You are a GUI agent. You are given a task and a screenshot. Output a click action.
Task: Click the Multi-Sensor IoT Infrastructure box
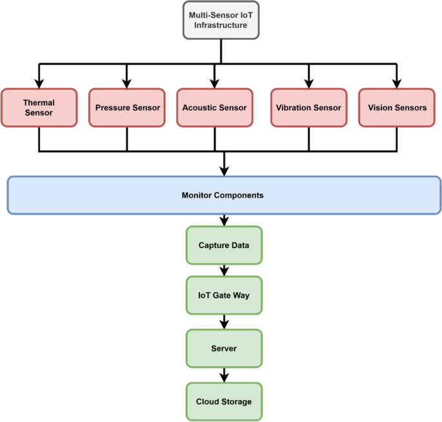(x=221, y=21)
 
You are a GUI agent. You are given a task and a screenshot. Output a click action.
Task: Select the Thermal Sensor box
(x=39, y=108)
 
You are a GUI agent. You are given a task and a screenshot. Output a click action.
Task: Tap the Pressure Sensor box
(x=127, y=108)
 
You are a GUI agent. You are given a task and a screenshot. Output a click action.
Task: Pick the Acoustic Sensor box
(x=214, y=108)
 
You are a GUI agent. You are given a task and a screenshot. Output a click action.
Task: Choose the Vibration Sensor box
(x=308, y=108)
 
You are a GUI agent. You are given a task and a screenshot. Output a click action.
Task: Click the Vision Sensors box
(x=397, y=108)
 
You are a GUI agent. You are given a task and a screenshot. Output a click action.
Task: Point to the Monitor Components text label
(x=222, y=195)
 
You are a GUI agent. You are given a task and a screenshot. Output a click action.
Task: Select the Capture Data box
(x=224, y=245)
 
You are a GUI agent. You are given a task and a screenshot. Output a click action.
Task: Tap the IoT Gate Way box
(x=224, y=296)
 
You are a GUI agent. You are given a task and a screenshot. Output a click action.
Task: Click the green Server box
(x=224, y=349)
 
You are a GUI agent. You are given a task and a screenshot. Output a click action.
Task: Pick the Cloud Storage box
(x=224, y=401)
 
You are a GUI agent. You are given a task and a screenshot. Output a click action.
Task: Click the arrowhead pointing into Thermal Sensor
(x=39, y=83)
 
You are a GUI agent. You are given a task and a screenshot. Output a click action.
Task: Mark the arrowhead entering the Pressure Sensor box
(x=127, y=83)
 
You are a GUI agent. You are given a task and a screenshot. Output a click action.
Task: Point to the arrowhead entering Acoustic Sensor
(x=214, y=83)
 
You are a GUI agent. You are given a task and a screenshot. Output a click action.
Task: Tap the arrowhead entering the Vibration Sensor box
(x=308, y=83)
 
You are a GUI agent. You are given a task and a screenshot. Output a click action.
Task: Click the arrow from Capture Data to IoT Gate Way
(x=224, y=270)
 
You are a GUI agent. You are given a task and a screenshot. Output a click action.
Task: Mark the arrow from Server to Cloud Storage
(x=224, y=375)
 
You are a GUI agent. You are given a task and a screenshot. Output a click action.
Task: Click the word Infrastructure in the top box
(x=221, y=26)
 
